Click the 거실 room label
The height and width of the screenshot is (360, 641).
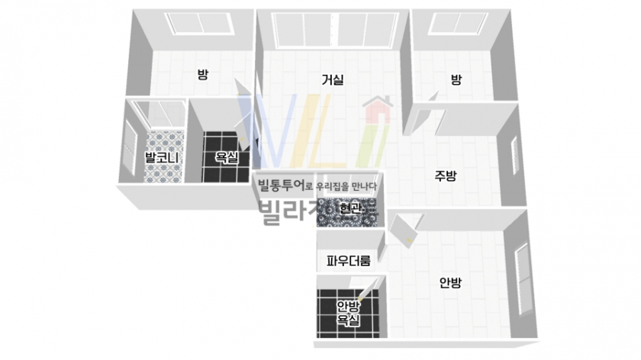[x=332, y=79]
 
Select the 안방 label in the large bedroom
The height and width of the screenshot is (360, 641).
[x=450, y=283]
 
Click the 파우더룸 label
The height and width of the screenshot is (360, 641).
[x=348, y=261]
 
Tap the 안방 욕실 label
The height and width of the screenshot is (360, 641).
[x=348, y=313]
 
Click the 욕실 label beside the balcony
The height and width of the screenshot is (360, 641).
[x=226, y=158]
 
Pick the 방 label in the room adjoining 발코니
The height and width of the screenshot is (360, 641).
[x=203, y=75]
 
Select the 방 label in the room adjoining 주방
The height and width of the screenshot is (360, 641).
[x=456, y=79]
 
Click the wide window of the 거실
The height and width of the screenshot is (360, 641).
[x=330, y=31]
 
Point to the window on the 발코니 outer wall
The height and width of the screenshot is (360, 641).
[x=129, y=146]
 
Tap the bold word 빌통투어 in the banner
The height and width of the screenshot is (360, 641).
[x=281, y=185]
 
